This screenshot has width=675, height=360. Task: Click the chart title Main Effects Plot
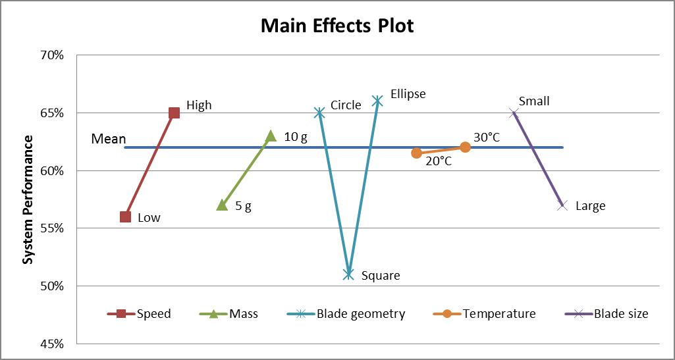coord(337,26)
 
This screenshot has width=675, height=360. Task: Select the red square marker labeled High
coord(174,113)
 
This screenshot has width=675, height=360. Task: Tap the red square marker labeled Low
coord(125,217)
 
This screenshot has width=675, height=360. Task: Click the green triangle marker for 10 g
coord(271,136)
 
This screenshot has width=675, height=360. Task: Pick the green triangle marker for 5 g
coord(222,205)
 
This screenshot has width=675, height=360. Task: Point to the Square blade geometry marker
coord(348,274)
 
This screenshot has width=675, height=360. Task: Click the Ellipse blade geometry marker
coord(377,101)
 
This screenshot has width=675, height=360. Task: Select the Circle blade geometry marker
coord(319,113)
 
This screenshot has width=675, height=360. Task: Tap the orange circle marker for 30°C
coord(465,147)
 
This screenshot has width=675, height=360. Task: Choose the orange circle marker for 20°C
coord(416,153)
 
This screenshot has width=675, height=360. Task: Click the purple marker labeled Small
coord(514,113)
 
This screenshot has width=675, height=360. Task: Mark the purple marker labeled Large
coord(562,205)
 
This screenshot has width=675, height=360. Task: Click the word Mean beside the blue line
coord(108,139)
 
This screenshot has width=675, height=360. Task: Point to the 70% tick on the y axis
coord(51,55)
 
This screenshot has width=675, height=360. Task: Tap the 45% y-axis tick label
coord(51,344)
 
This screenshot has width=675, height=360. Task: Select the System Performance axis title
coord(28,199)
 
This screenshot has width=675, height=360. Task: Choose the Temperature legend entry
coord(499,314)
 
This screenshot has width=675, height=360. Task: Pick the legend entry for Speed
coord(153,314)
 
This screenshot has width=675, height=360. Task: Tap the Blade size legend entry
coord(620,314)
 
